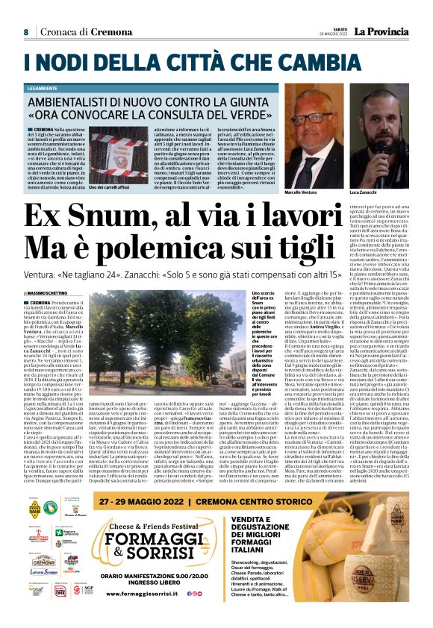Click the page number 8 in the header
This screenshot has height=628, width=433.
(x=25, y=32)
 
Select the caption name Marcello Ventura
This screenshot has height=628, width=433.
(x=301, y=171)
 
